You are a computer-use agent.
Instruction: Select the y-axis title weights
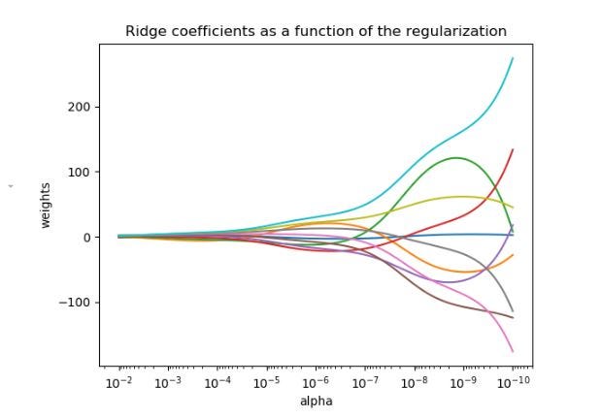point(46,206)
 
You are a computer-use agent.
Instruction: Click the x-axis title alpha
point(317,402)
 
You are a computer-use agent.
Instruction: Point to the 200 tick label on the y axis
point(79,108)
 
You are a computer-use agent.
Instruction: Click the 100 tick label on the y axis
point(79,173)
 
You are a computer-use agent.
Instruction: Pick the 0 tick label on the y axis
point(86,238)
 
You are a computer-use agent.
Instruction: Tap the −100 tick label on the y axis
point(75,303)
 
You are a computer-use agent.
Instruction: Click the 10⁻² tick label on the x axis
point(119,382)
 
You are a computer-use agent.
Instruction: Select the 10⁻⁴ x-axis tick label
point(217,382)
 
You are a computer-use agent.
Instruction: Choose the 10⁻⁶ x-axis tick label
point(316,382)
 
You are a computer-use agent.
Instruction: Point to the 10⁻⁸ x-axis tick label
point(415,382)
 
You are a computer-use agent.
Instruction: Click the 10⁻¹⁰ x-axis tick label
point(513,382)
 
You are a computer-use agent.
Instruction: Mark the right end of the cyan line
point(513,58)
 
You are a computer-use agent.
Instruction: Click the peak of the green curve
point(456,158)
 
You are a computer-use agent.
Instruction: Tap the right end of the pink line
point(513,352)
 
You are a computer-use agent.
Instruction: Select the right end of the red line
point(513,149)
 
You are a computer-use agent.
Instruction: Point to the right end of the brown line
point(513,318)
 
